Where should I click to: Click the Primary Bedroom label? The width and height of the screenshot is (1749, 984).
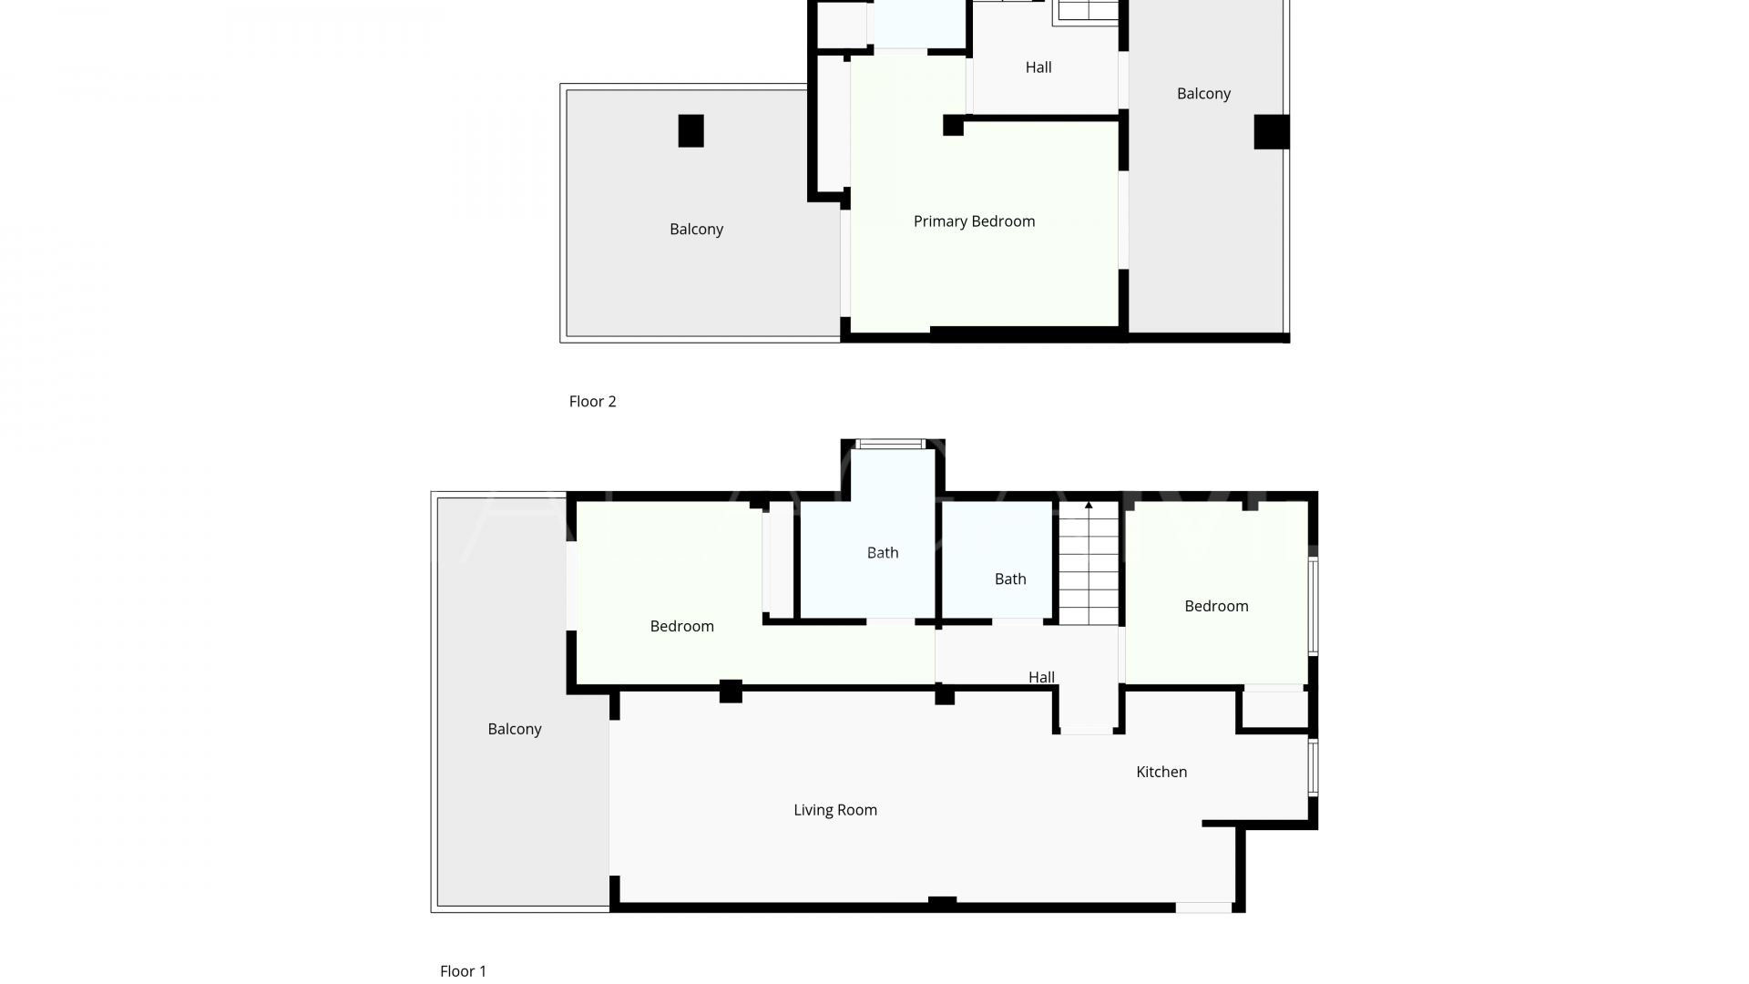[974, 221]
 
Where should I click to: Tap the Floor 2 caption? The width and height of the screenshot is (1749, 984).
[592, 402]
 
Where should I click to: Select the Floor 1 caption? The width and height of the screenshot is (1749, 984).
[463, 971]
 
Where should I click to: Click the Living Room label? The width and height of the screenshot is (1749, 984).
[834, 810]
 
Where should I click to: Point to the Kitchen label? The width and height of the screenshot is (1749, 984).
[1161, 772]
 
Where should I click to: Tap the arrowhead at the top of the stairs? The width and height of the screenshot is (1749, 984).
[1089, 505]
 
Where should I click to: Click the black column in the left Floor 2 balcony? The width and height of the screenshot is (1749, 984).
[690, 131]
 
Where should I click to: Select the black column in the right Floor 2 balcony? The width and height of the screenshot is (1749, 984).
[1271, 132]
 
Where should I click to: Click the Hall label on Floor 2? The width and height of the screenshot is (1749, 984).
[1038, 67]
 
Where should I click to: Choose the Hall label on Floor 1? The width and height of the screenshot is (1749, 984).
[1041, 677]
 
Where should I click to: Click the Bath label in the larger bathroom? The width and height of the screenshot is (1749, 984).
[882, 552]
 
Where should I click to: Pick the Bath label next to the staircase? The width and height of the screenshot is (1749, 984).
[1010, 579]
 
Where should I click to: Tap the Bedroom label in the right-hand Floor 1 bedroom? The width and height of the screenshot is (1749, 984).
[1216, 606]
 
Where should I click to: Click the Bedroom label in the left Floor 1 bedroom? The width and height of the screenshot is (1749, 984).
[681, 626]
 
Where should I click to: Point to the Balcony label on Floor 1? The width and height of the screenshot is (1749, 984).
[515, 729]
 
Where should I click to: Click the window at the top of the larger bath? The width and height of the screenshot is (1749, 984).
[891, 445]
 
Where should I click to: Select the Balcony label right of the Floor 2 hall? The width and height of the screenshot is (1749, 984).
[1203, 94]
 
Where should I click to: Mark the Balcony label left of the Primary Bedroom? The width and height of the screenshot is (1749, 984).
[696, 230]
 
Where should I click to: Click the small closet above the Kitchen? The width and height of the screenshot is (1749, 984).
[1274, 710]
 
